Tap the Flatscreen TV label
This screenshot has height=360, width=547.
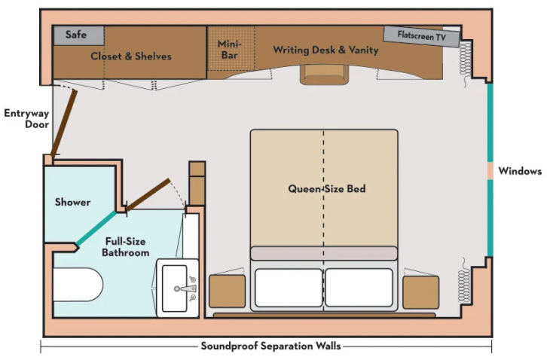(x=421, y=35)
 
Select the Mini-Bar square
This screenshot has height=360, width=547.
(x=229, y=50)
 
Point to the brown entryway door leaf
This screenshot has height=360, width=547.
(x=63, y=121)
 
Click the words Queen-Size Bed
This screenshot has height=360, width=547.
(x=327, y=188)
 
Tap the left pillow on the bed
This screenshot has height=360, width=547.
(x=289, y=287)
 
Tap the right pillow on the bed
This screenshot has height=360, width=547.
(x=359, y=287)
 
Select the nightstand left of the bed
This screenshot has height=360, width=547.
(x=227, y=291)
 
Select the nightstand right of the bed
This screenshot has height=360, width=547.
(x=420, y=291)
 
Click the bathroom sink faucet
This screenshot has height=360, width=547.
(x=185, y=287)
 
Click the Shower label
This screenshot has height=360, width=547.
(x=72, y=202)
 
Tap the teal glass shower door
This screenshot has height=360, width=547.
(x=96, y=227)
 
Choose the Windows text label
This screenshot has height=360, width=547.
(x=520, y=171)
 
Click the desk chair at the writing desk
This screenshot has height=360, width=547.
(x=323, y=74)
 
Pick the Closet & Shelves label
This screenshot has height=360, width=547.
(x=130, y=56)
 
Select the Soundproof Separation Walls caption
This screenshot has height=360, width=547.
(x=270, y=346)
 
